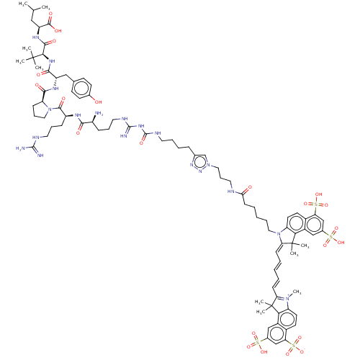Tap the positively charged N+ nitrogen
click(285, 298)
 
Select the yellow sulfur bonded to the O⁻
click(294, 343)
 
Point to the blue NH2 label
click(99, 113)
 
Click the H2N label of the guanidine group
click(21, 148)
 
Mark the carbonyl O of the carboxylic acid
click(50, 14)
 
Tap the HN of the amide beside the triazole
click(231, 192)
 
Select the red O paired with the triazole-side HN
click(249, 188)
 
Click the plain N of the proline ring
click(49, 109)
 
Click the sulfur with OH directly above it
click(315, 204)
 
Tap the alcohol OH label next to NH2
click(97, 102)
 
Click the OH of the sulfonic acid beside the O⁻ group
click(264, 351)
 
